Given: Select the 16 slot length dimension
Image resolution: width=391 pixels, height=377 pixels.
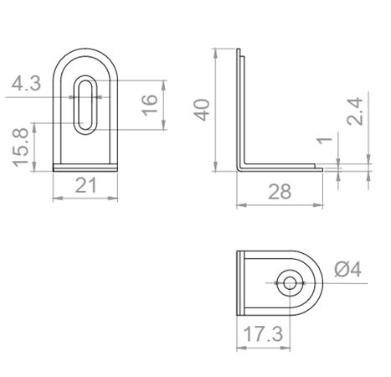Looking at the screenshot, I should [150, 105].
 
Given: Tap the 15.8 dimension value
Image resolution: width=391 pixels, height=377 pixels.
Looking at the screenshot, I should [23, 147].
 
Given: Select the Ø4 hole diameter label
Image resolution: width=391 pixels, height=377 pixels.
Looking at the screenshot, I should [347, 270].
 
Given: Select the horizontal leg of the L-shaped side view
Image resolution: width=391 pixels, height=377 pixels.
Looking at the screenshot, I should [280, 168].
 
